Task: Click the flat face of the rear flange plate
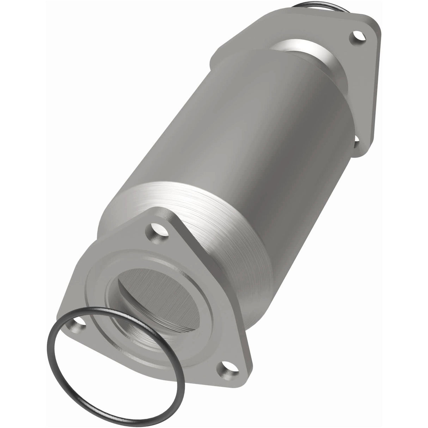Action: pos(367,88)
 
